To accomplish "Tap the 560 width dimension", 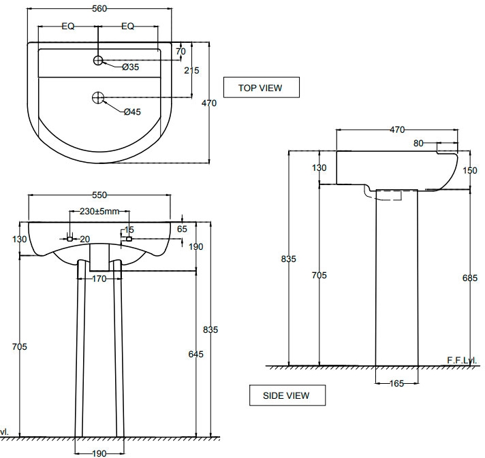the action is coord(99,9).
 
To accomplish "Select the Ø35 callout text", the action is coord(130,67).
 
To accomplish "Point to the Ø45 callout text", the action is coord(132,112).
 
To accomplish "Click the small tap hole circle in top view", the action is coord(98,61).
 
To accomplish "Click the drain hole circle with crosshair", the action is coord(98,98).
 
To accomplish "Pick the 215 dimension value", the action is coord(191,71).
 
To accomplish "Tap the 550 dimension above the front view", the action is coord(99,195).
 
